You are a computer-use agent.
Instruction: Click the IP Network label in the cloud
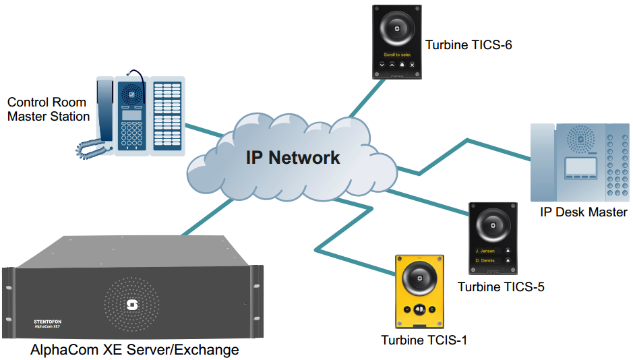(293, 158)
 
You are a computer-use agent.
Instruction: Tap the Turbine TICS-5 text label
(501, 287)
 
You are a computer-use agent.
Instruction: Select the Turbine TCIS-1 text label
(424, 340)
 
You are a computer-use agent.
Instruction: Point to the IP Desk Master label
(584, 212)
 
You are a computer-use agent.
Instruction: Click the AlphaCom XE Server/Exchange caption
(135, 350)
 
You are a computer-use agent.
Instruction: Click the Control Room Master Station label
(49, 109)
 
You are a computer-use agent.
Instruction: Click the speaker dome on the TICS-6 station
(397, 30)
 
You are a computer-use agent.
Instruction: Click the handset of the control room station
(102, 115)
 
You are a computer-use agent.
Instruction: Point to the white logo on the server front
(131, 305)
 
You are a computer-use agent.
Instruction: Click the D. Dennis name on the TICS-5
(485, 260)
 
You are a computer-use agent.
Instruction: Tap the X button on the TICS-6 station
(412, 65)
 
